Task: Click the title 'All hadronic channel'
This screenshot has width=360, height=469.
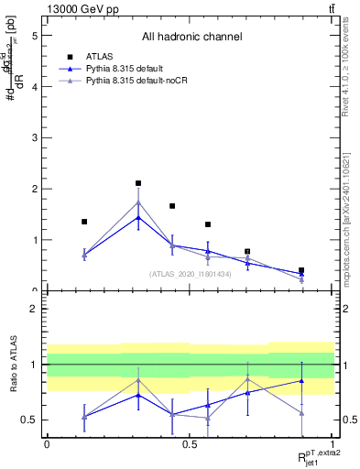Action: pyautogui.click(x=191, y=38)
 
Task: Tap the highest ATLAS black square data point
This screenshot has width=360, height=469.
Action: pyautogui.click(x=138, y=183)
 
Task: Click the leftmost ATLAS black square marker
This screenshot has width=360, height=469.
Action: pyautogui.click(x=84, y=222)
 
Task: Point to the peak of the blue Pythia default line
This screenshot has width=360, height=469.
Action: pyautogui.click(x=138, y=217)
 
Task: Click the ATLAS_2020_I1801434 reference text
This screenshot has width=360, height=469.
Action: pyautogui.click(x=191, y=274)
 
